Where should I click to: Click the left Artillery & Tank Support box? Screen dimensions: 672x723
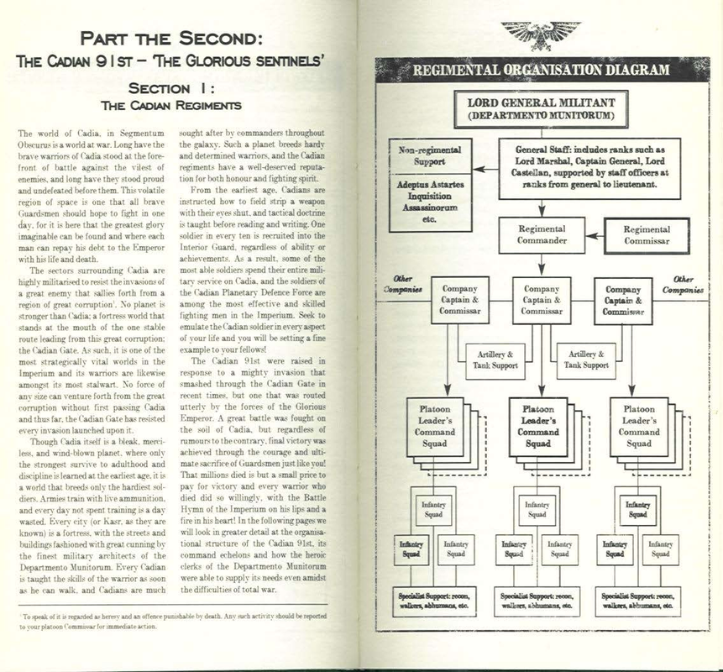pos(494,360)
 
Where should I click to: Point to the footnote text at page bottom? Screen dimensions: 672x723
pos(168,621)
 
